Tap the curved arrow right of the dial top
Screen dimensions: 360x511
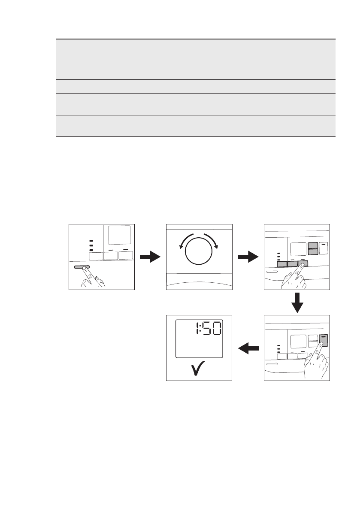[x=213, y=240]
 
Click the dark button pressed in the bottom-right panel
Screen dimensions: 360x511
[x=324, y=340]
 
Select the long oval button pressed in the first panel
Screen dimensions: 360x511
[x=82, y=267]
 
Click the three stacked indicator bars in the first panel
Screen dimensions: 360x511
[x=91, y=245]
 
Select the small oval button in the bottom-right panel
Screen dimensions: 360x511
[x=272, y=364]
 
